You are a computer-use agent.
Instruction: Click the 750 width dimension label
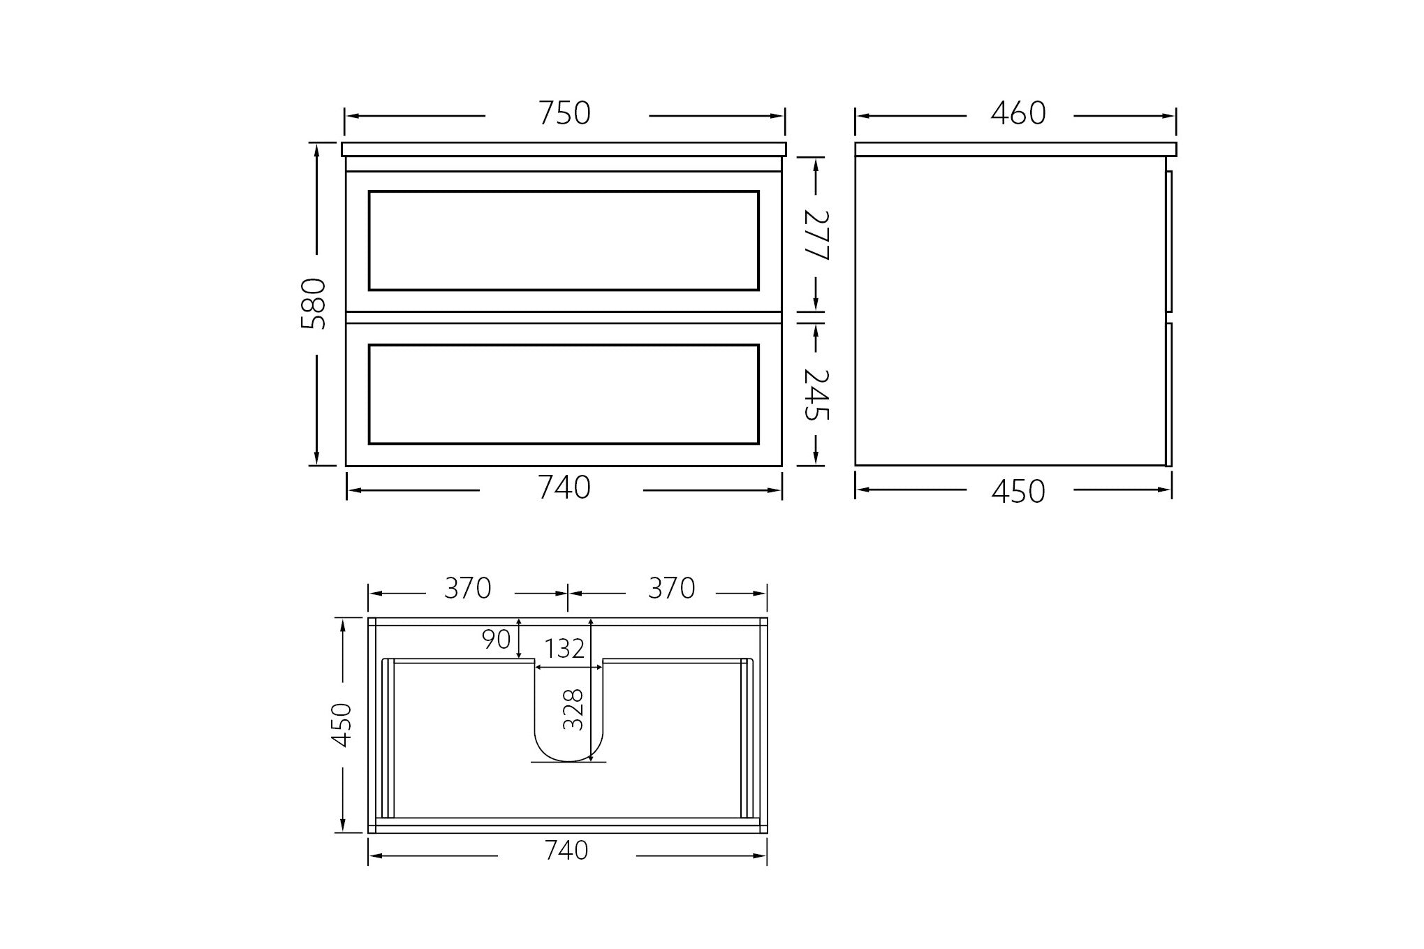tap(564, 114)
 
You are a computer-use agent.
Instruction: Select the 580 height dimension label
tap(314, 304)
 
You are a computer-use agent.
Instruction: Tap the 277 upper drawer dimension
tap(816, 235)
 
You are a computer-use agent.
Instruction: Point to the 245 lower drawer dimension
tap(816, 395)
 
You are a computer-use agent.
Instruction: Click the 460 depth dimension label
tap(1018, 114)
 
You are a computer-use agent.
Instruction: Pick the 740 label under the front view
tap(564, 488)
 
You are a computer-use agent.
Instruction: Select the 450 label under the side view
tap(1018, 492)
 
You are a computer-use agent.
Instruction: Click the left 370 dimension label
tap(468, 589)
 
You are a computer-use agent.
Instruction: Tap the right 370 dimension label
tap(671, 589)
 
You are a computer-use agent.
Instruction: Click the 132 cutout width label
tap(564, 649)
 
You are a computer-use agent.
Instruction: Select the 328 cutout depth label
tap(573, 710)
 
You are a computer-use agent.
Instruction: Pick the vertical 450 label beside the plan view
tap(342, 725)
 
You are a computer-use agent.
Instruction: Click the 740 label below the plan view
tap(566, 851)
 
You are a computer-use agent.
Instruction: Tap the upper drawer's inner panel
tap(564, 240)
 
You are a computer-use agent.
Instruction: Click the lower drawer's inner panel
tap(564, 394)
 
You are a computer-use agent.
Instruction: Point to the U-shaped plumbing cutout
tap(568, 726)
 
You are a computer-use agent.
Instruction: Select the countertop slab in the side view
tap(1015, 149)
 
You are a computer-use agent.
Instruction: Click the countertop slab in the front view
tap(564, 149)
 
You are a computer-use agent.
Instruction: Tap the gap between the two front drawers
tap(564, 317)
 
